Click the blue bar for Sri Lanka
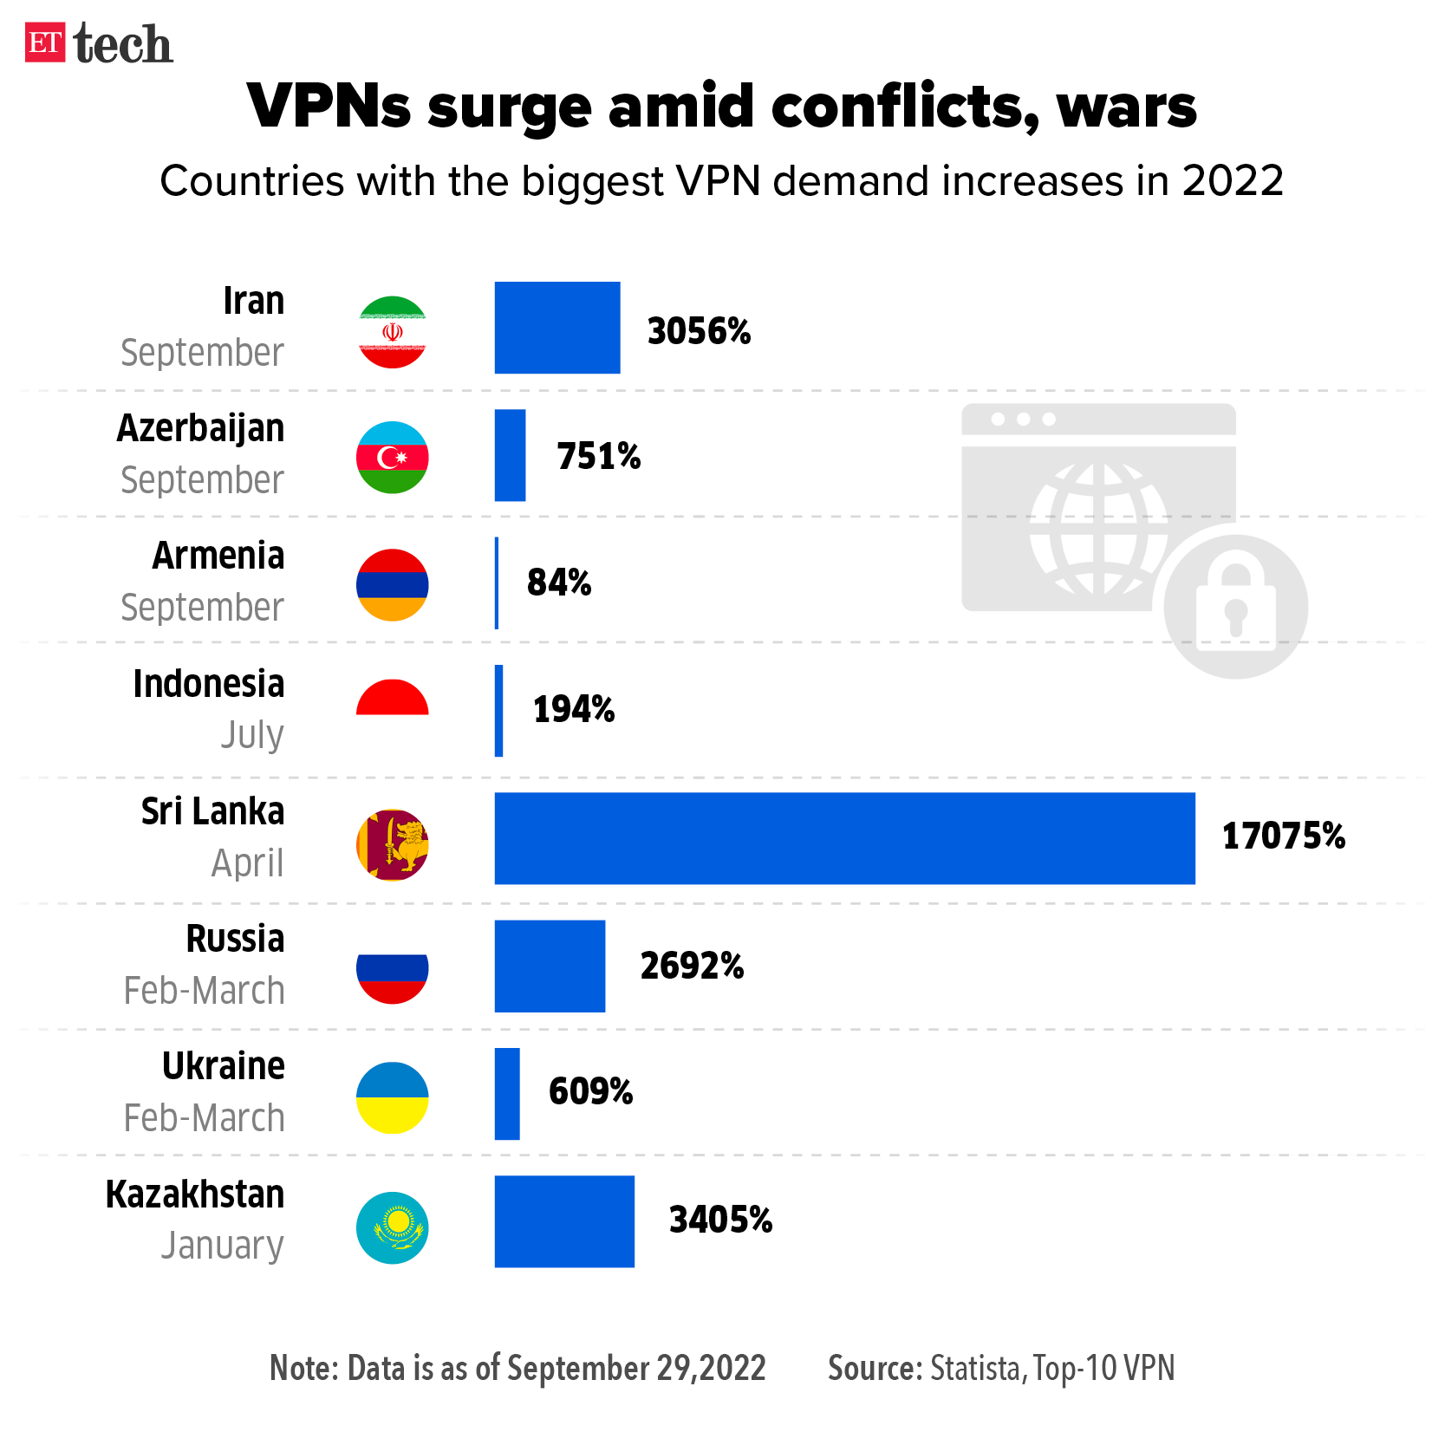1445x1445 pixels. (x=844, y=838)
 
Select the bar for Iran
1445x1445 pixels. (x=557, y=328)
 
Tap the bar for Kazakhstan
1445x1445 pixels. (x=564, y=1221)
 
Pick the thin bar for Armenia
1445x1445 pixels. (x=497, y=583)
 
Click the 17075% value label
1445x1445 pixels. (x=1283, y=836)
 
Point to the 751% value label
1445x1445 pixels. (x=598, y=456)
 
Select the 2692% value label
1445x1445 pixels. (x=692, y=966)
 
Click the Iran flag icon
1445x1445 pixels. (x=393, y=332)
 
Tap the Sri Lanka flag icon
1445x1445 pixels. (x=393, y=844)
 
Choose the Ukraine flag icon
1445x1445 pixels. (x=393, y=1097)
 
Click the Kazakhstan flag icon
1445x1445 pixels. (x=393, y=1227)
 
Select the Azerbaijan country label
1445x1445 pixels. (x=200, y=428)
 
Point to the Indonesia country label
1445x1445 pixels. (x=208, y=684)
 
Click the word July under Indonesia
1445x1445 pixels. (x=251, y=735)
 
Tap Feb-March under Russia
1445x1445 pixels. (x=205, y=991)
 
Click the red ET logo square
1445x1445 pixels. (x=45, y=42)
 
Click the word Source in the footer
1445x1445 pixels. (x=875, y=1369)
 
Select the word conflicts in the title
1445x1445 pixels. (x=905, y=107)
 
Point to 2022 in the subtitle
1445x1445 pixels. (x=1232, y=182)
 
